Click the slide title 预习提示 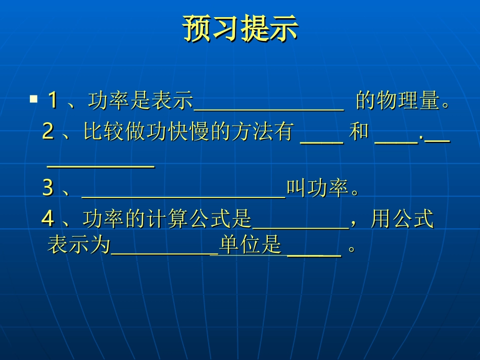[240, 29]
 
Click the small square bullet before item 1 [34, 99]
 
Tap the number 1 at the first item [52, 100]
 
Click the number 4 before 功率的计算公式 [48, 219]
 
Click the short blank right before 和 [322, 142]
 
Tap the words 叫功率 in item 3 [317, 188]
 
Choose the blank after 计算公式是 [300, 228]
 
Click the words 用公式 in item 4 [402, 219]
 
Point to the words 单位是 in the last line [250, 245]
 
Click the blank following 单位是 [314, 255]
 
